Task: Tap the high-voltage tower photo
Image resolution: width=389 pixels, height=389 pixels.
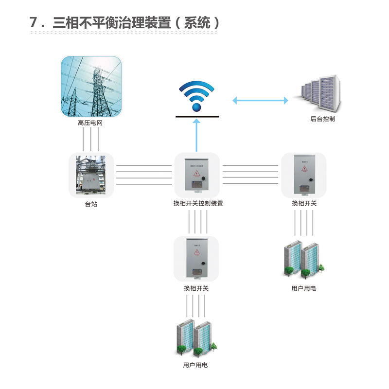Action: tap(91, 87)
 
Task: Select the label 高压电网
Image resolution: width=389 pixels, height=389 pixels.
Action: tap(90, 124)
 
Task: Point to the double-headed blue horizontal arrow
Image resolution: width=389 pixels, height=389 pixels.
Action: tap(260, 101)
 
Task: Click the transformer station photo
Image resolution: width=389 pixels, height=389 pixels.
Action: tap(91, 175)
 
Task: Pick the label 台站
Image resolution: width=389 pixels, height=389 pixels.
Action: tap(91, 204)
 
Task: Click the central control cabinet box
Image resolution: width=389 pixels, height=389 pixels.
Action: tap(197, 175)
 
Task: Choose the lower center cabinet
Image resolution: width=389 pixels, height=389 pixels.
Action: tap(196, 259)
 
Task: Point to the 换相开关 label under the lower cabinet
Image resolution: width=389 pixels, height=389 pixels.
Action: tap(196, 288)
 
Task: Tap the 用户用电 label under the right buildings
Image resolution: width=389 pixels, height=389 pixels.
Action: tap(304, 288)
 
